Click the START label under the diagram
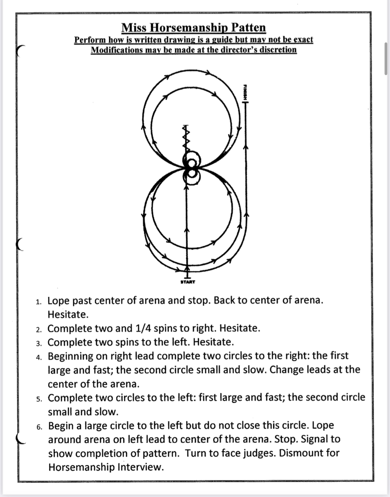point(188,282)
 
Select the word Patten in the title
point(249,28)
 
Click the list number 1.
point(38,302)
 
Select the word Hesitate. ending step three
point(213,342)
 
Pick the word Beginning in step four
point(71,356)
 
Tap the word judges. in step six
point(259,453)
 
